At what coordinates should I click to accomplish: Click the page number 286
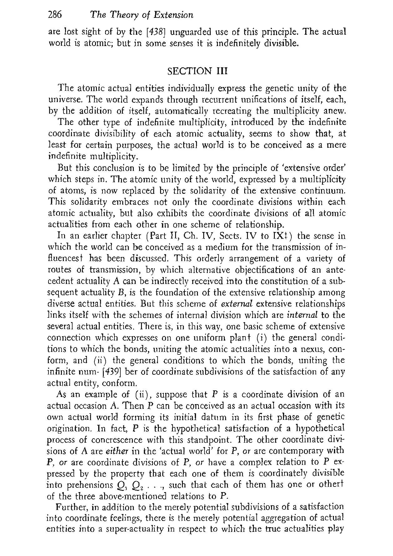pos(56,15)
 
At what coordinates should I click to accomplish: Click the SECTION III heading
pos(198,71)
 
